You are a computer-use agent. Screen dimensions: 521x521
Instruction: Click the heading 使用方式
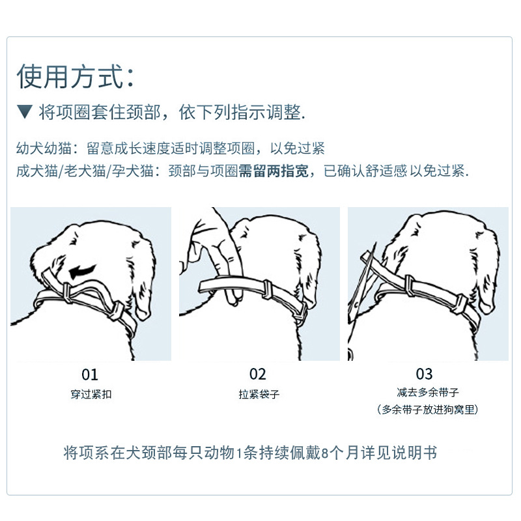coord(76,77)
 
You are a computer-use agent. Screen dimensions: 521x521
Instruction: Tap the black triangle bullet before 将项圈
coord(25,112)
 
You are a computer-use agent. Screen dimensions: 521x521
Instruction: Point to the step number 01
coord(90,375)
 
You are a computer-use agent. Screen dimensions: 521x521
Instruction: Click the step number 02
coord(258,374)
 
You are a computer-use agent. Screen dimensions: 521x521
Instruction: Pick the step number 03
coord(424,374)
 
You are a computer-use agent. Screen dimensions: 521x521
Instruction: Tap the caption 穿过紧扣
coord(91,395)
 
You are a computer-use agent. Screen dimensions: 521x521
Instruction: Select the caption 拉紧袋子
coord(259,395)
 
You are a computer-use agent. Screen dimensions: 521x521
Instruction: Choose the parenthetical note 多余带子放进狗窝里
coord(427,410)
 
